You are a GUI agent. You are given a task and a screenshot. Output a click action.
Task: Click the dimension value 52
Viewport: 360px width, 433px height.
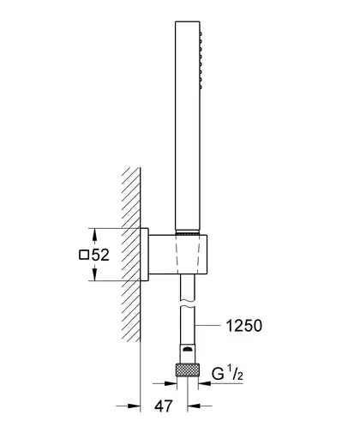coord(100,255)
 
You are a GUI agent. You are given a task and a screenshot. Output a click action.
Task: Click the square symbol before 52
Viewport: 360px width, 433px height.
coord(84,255)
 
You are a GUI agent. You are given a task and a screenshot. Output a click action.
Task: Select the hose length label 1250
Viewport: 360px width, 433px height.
coord(243,326)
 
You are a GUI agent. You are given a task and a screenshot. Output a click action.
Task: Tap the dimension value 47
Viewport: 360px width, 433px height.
coord(164,406)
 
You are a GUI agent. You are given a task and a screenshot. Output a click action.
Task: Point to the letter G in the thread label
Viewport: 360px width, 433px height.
coord(218,373)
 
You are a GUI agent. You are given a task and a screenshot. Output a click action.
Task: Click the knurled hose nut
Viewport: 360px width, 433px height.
coord(188,370)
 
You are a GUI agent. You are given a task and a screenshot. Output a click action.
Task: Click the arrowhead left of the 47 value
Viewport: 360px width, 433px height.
coord(134,406)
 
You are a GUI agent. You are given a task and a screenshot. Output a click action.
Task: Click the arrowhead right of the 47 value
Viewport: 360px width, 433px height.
coord(194,406)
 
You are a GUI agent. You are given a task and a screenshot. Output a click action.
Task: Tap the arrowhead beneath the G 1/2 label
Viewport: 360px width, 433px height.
coord(205,383)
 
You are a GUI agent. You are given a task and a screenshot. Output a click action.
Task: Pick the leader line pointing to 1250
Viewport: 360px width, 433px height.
coord(208,325)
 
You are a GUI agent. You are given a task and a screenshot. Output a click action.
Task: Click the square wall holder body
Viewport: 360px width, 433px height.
coord(177,255)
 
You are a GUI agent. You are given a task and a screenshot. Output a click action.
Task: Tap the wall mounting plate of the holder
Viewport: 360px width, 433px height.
coord(144,255)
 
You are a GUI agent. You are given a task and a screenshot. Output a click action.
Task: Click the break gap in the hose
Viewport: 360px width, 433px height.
coord(188,304)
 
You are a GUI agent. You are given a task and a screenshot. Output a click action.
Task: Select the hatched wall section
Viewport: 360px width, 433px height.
coord(131,255)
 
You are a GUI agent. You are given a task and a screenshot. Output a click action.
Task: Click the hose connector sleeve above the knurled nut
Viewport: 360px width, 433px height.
coord(188,354)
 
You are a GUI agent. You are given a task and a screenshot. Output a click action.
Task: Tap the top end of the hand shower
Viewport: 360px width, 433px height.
coord(188,21)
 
